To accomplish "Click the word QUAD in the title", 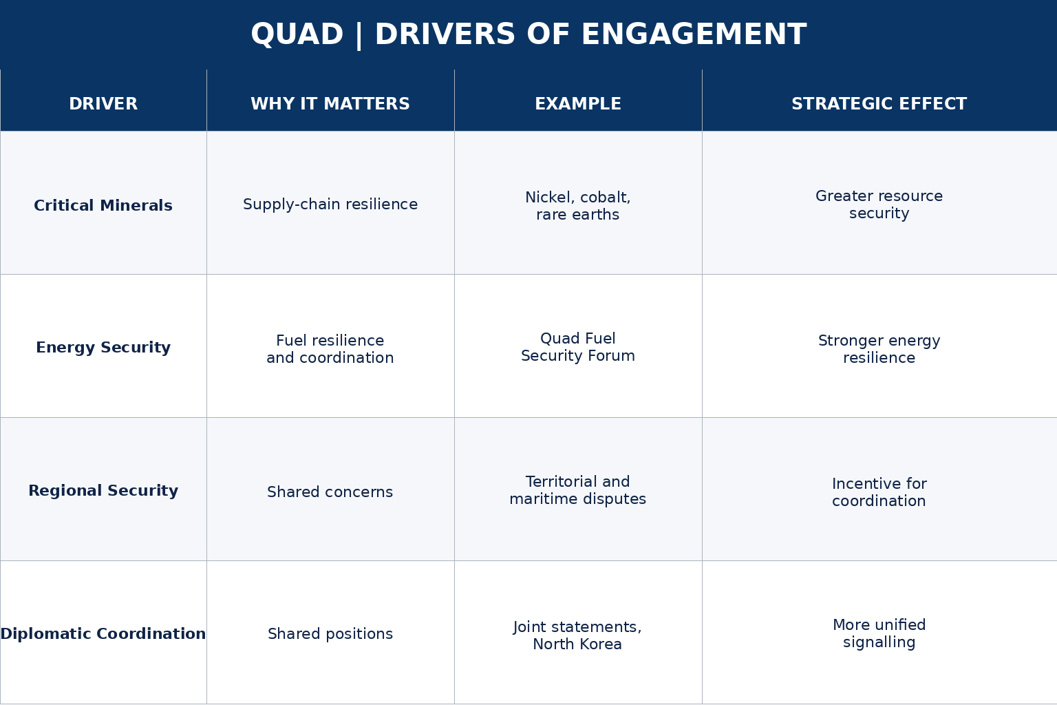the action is pos(297,35).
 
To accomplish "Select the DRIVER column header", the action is pos(103,104).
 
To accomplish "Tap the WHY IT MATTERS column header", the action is pos(330,104).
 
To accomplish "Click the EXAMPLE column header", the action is pos(578,104).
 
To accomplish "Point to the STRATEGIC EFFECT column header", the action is pos(879,104).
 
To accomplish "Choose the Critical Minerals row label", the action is pos(103,205).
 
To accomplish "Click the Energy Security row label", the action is pos(103,348).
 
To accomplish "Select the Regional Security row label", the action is pos(103,491).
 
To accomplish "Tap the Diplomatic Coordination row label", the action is pos(103,633).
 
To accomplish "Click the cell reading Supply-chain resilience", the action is pos(330,204).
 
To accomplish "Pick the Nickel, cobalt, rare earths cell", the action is pos(578,206).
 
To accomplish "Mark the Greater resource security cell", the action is pos(879,204).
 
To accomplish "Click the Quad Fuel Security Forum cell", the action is pos(578,347).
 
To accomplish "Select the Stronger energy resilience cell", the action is pos(879,349).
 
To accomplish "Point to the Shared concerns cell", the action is pos(330,492).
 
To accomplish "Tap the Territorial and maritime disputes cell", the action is pos(578,490).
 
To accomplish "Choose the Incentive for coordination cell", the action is pos(879,492).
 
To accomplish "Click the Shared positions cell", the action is pos(330,633).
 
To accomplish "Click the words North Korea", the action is pos(577,644).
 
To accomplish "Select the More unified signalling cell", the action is pos(879,633).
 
